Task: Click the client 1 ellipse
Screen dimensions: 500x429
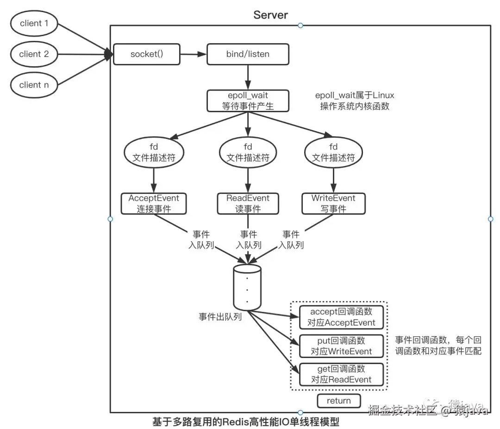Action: [x=34, y=23]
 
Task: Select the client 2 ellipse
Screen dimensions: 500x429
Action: [x=34, y=54]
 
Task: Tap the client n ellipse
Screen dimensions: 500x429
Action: [x=34, y=85]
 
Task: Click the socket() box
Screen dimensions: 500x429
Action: [x=147, y=54]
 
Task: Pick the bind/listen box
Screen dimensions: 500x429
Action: [x=248, y=54]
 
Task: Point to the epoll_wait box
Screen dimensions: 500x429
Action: [x=248, y=101]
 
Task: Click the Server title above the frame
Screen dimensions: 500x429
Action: [x=270, y=15]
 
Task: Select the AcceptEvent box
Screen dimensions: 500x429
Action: [x=154, y=204]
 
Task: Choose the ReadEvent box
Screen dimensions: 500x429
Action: [x=248, y=204]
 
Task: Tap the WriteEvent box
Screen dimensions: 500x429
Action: [x=333, y=204]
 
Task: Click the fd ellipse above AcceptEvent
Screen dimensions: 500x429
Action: [x=154, y=153]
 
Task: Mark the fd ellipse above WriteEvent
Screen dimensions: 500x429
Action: [x=333, y=153]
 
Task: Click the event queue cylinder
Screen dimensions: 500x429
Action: [x=247, y=288]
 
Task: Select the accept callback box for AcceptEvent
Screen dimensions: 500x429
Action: [x=341, y=317]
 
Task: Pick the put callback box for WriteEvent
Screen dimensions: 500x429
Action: [x=341, y=346]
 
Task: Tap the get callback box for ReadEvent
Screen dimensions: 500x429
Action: [x=341, y=374]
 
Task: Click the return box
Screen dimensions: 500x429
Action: [x=338, y=401]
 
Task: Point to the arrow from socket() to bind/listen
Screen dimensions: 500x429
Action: [x=194, y=54]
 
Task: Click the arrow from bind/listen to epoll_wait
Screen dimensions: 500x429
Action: [x=248, y=77]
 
